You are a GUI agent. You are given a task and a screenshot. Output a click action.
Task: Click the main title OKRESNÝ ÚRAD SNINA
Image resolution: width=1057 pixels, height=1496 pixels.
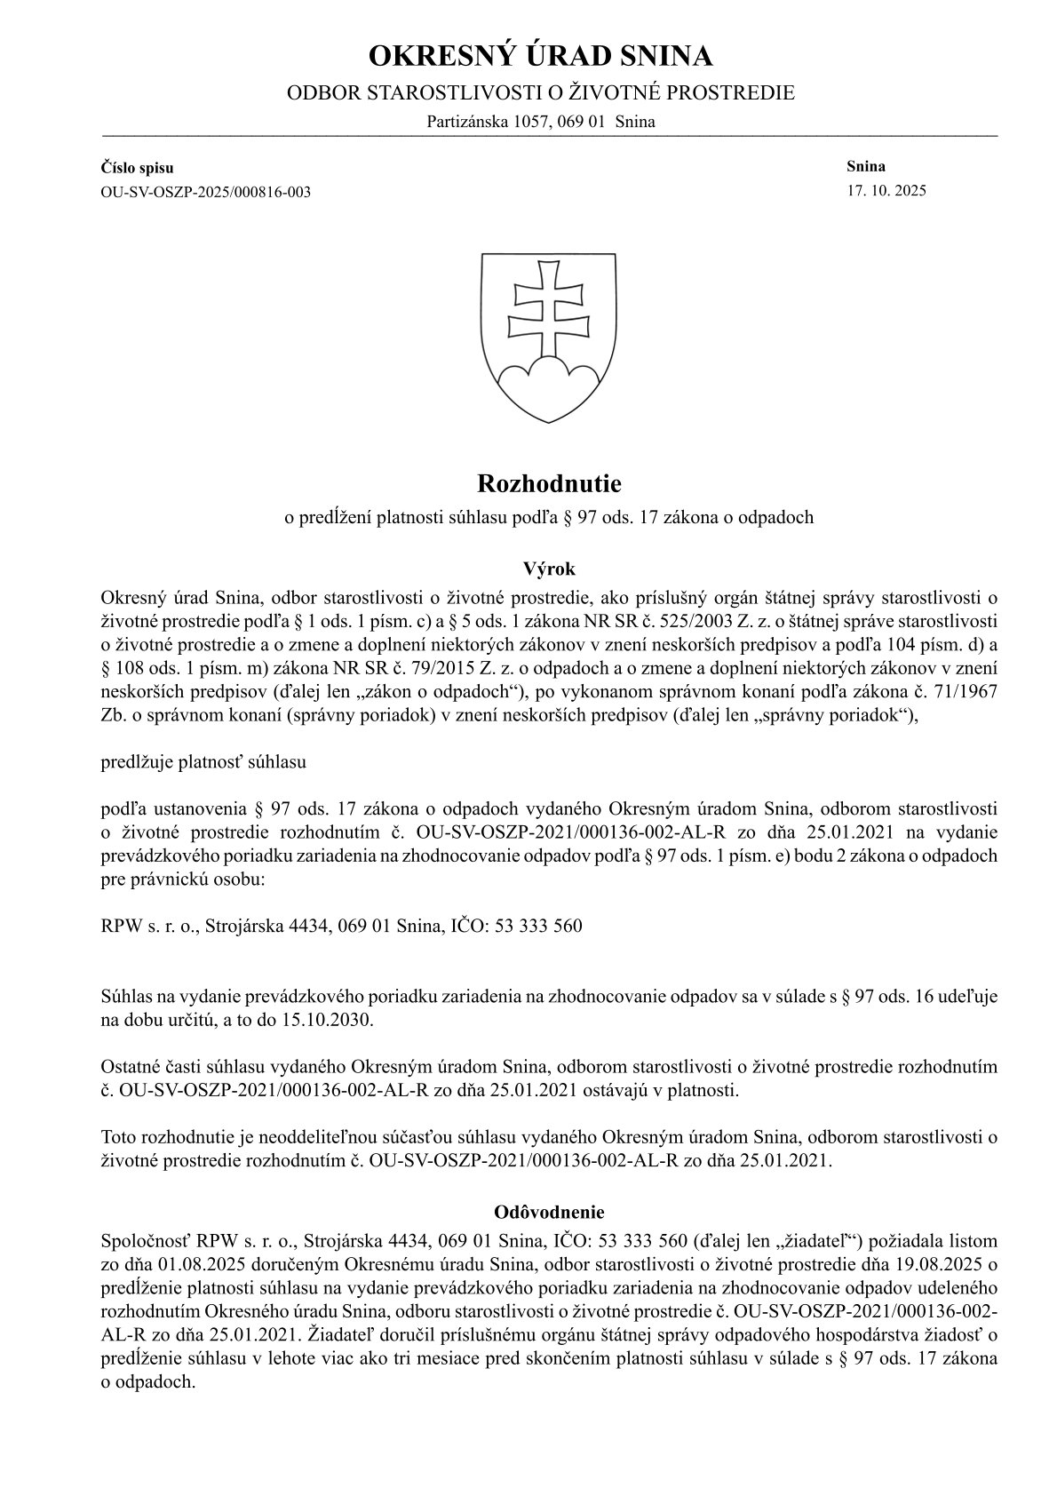540,57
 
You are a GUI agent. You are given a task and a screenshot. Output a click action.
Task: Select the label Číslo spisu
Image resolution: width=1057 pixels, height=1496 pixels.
138,168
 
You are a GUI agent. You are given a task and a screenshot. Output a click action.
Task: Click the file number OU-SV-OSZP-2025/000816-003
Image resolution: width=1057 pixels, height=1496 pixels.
207,192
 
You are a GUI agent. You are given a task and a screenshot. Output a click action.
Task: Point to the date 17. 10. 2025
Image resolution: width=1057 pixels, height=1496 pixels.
887,190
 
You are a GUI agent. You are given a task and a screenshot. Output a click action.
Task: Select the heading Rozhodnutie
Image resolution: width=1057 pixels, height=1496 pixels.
549,484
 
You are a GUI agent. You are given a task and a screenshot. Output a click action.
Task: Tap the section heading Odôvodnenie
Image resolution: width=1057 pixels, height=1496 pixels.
549,1211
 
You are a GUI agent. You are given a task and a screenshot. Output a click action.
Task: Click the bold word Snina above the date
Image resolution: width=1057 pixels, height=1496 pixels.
866,166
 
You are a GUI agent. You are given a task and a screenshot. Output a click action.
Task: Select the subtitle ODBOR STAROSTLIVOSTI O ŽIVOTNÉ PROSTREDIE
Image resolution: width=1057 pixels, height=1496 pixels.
540,93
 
